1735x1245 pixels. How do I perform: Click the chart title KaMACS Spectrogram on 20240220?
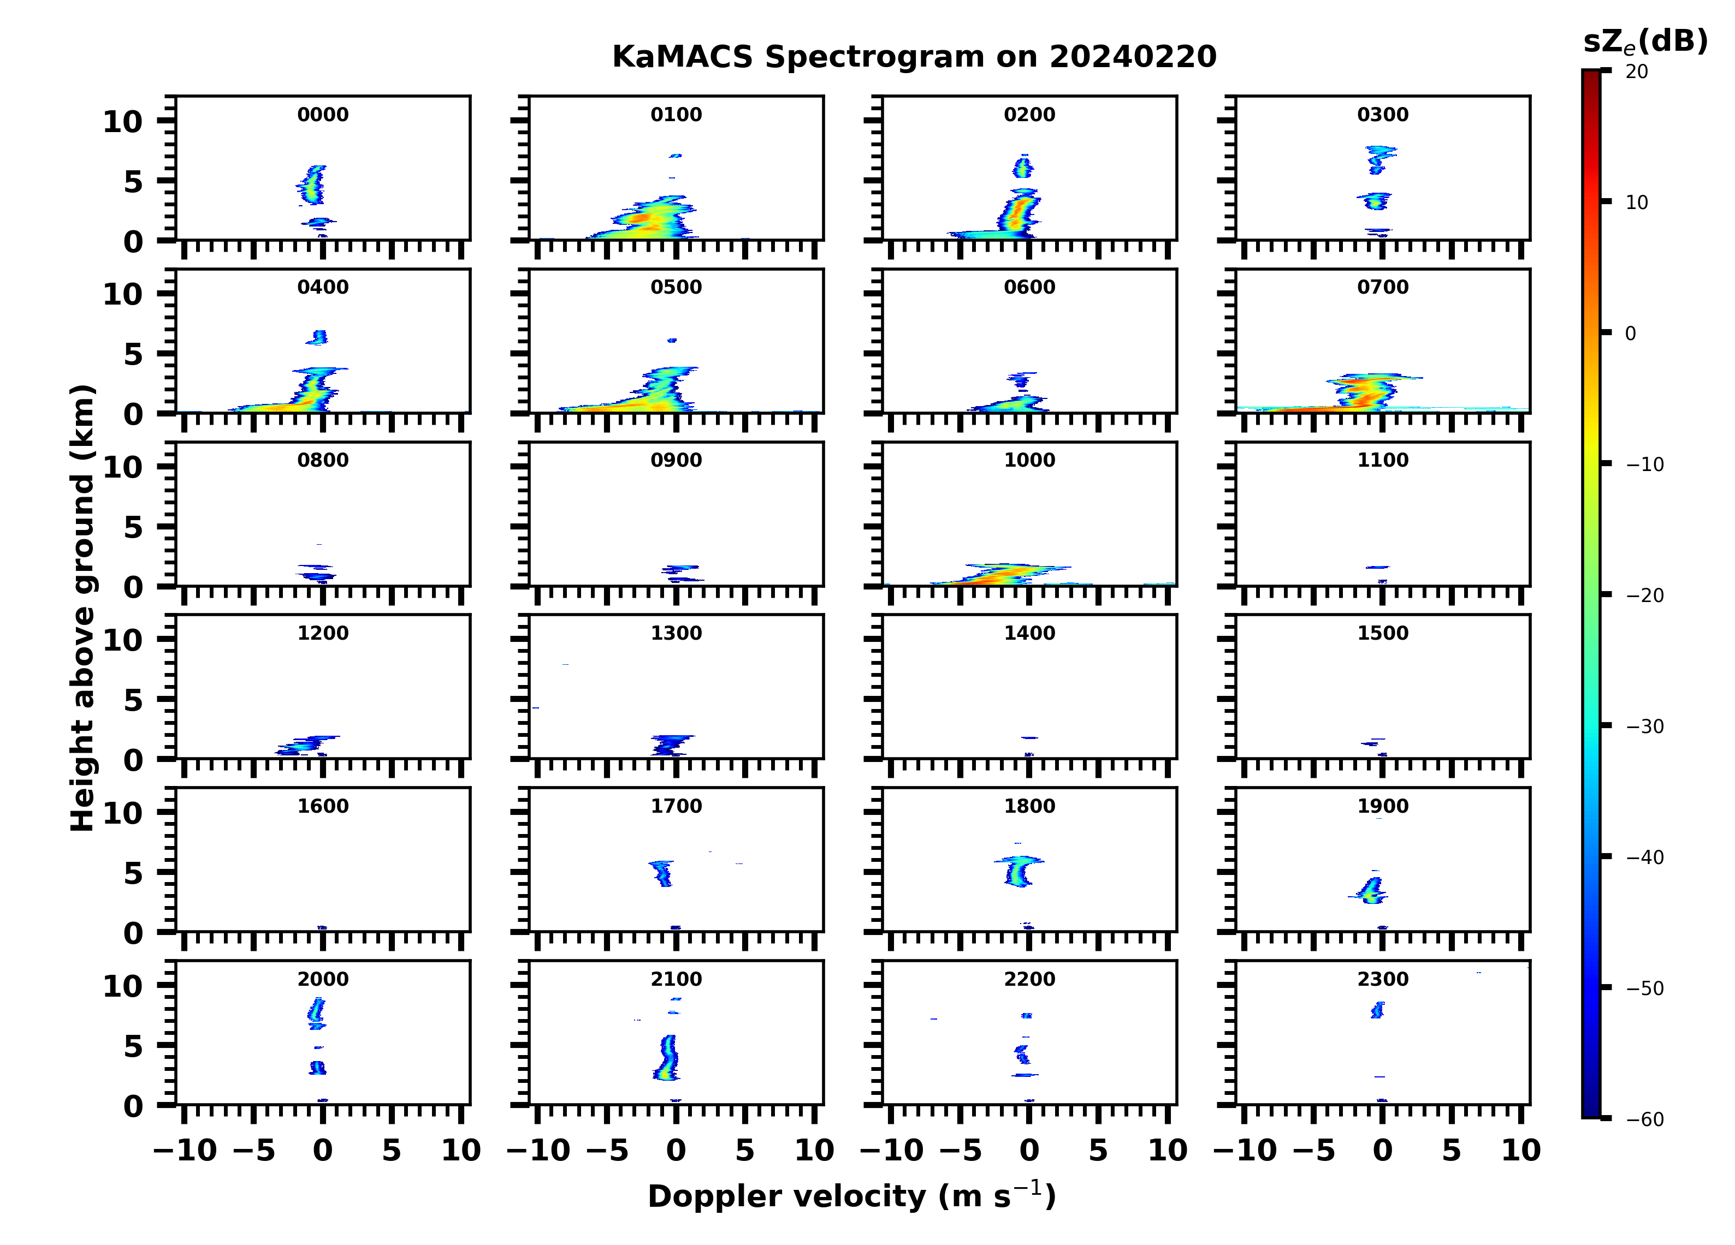tap(914, 57)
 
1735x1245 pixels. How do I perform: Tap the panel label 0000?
tap(323, 115)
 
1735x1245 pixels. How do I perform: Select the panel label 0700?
tap(1382, 288)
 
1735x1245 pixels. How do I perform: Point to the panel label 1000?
tap(1029, 460)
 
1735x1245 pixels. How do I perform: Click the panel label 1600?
tap(323, 806)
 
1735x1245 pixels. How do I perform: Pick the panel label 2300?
tap(1382, 979)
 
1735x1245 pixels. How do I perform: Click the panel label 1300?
tap(676, 633)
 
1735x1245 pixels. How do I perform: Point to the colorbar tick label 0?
tap(1630, 333)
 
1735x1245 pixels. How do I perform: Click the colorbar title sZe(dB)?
tap(1645, 42)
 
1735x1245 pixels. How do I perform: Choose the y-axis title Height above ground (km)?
tap(82, 608)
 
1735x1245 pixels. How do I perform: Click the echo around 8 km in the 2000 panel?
tap(317, 1011)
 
